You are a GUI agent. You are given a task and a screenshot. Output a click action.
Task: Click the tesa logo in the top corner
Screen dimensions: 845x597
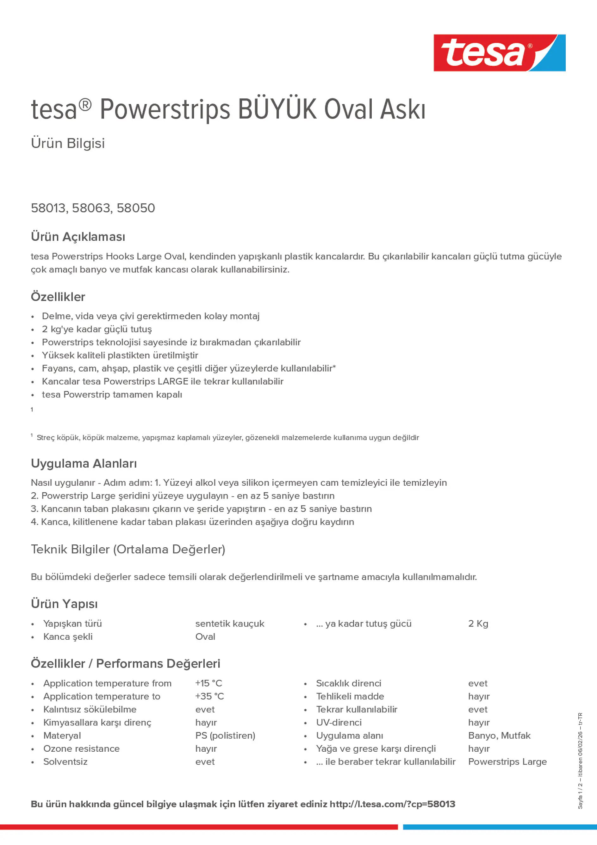[499, 53]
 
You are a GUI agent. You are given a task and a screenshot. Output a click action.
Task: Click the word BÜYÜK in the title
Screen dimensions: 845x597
[277, 109]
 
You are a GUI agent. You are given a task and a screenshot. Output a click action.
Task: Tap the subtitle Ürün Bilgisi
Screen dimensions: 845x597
[68, 143]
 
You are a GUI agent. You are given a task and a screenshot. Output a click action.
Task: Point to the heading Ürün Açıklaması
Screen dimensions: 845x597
[78, 237]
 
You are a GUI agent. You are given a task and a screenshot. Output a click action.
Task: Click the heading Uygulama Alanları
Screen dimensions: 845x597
[84, 463]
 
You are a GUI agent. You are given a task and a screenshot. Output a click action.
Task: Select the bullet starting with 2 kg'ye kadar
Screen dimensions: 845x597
[97, 329]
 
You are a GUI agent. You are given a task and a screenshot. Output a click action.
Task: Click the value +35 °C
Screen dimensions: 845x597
[209, 696]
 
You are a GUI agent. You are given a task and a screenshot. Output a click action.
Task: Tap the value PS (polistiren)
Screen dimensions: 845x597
[225, 735]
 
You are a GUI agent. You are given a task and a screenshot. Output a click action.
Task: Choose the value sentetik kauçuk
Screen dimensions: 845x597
[230, 624]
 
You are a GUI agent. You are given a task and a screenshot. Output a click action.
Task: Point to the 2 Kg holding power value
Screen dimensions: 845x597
[478, 624]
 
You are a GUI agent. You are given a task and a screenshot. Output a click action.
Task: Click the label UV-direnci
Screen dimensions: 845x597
[339, 723]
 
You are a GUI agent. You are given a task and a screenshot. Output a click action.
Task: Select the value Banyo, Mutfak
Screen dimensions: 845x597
[499, 735]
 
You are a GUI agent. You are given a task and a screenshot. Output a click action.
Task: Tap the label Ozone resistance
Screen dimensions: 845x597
[81, 749]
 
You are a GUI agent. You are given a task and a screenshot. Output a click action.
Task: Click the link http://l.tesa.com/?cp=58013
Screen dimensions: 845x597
[392, 804]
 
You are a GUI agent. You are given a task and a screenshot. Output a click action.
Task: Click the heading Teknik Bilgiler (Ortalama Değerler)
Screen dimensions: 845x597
[128, 549]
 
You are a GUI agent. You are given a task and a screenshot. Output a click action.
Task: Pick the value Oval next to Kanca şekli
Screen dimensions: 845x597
[205, 637]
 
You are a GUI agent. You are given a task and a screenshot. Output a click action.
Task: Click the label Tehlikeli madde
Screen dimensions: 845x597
[350, 696]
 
